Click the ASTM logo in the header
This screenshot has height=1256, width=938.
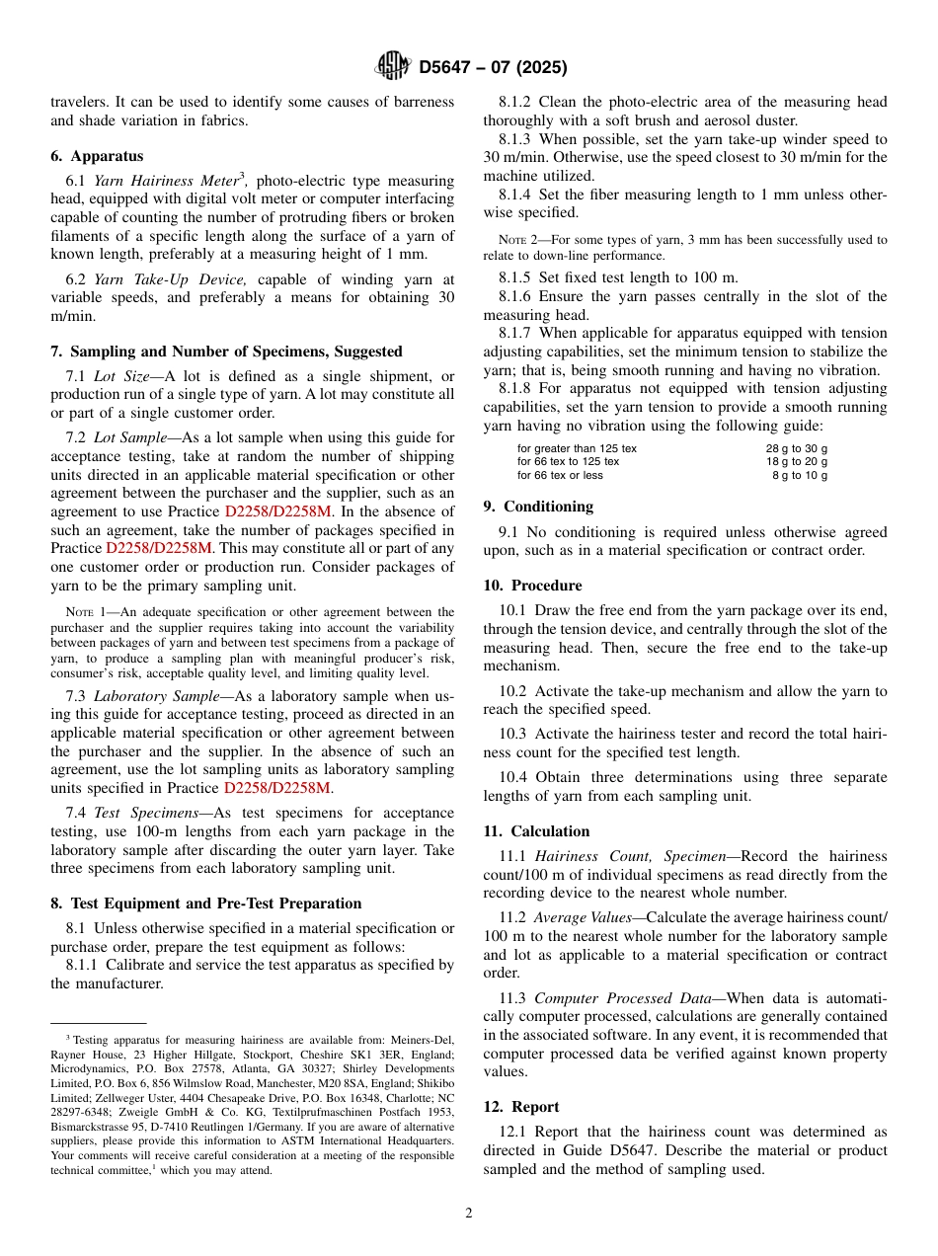392,66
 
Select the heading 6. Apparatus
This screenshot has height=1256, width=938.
97,156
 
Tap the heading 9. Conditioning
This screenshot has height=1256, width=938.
538,507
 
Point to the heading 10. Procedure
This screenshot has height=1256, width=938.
532,586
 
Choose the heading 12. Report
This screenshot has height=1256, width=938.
521,1107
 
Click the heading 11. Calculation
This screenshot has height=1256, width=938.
536,831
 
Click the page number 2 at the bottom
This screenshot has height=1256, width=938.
469,1214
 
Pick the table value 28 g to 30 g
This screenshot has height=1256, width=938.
797,448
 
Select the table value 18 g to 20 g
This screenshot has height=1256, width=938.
797,461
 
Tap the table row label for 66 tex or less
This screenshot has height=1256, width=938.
560,475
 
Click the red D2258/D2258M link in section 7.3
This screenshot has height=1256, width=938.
277,788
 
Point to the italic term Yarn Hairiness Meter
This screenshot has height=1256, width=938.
165,181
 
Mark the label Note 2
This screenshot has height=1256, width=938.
515,240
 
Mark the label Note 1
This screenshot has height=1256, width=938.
84,612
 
